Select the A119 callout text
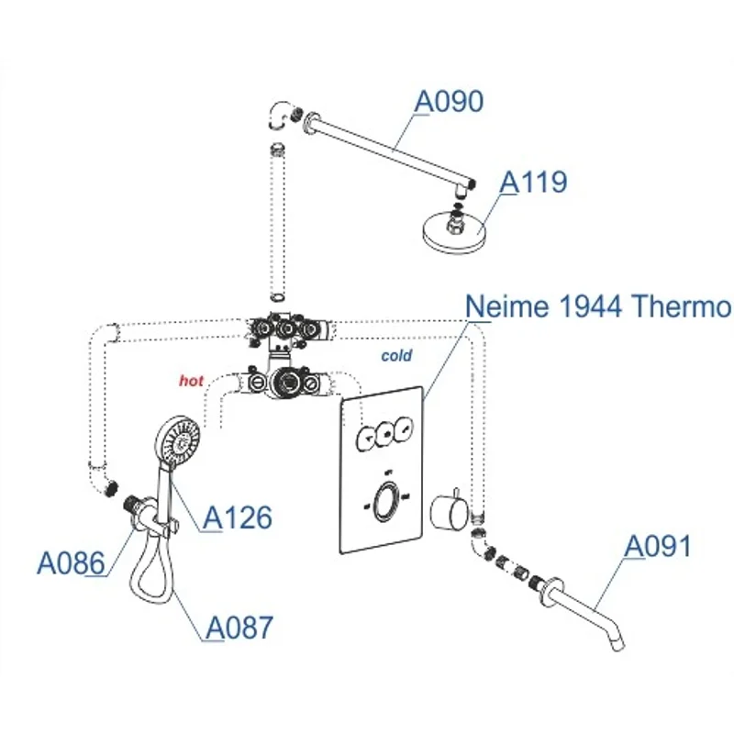[533, 182]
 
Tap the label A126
[238, 517]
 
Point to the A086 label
[70, 562]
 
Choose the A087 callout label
[239, 628]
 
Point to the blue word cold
[397, 355]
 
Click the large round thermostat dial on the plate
[388, 501]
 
